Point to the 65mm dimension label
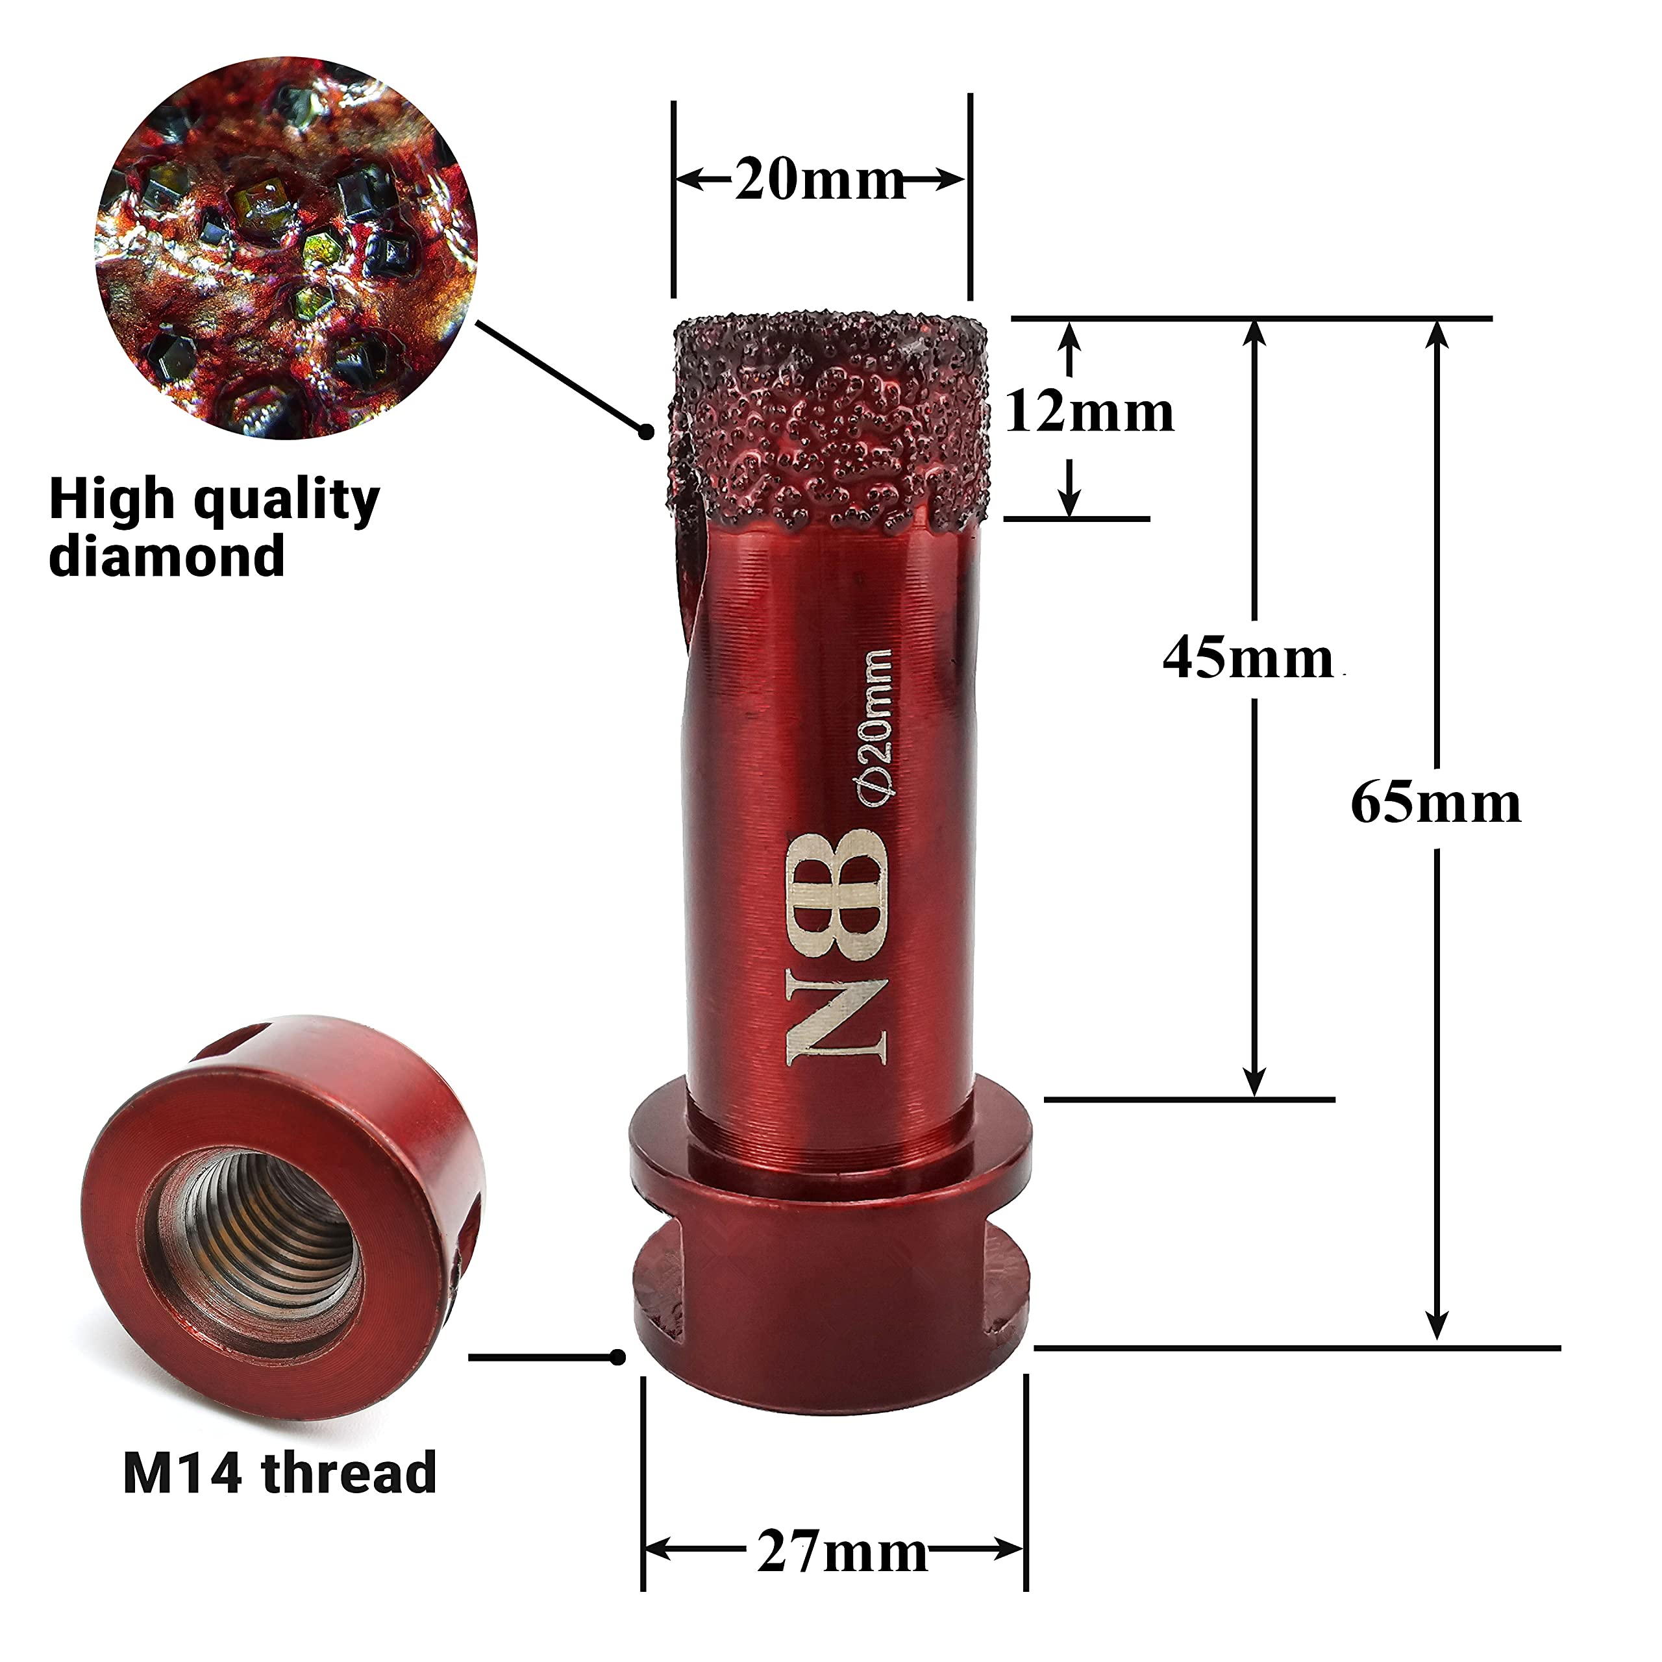point(1436,804)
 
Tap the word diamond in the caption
point(167,556)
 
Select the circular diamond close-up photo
point(286,248)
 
